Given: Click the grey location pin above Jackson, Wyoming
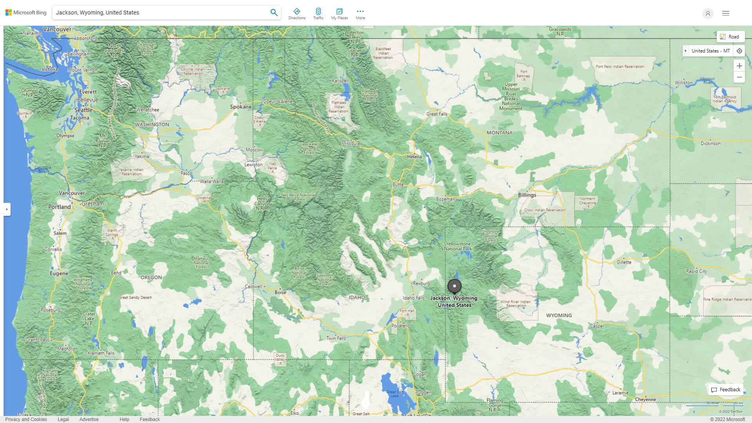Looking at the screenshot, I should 454,286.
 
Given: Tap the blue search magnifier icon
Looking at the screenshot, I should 274,13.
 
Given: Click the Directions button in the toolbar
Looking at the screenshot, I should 296,14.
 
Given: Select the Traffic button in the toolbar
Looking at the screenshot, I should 318,14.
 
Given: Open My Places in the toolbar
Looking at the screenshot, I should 339,14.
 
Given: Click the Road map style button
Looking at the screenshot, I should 730,37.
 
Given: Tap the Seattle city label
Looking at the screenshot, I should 83,110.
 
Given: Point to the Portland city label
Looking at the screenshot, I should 60,207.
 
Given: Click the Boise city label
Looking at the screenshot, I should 280,292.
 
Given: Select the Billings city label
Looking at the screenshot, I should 527,195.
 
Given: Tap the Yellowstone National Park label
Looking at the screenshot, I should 457,246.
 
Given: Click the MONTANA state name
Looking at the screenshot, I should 499,133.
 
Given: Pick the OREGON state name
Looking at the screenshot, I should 151,277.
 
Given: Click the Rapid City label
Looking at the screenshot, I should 696,271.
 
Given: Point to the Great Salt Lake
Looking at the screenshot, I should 394,392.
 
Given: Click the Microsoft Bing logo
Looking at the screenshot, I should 26,13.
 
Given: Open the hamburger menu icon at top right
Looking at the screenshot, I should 725,13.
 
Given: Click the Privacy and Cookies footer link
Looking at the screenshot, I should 26,419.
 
